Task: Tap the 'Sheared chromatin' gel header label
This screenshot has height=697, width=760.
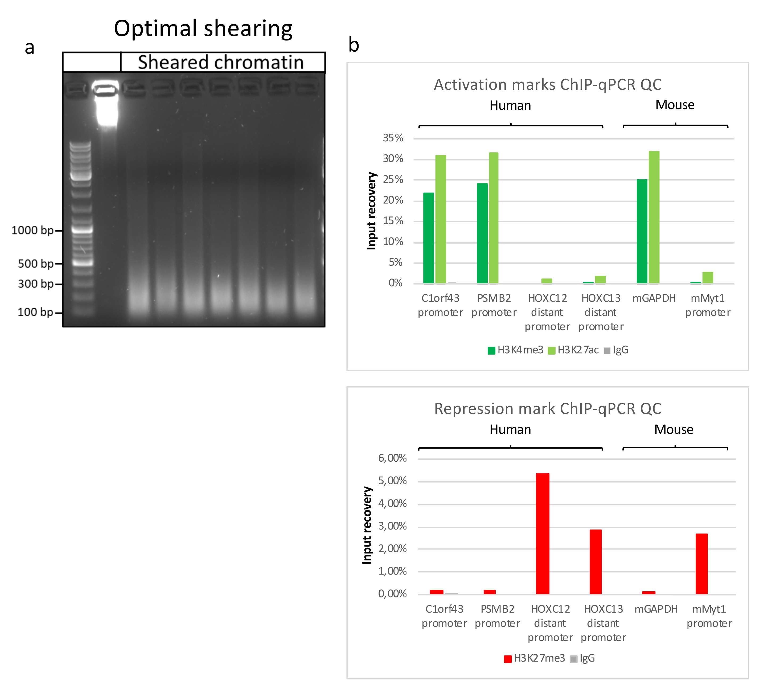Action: [x=221, y=62]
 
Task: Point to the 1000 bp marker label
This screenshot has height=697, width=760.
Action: [x=32, y=230]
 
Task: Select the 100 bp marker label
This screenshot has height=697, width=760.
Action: [x=35, y=312]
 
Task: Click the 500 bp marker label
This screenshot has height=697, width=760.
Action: [x=36, y=264]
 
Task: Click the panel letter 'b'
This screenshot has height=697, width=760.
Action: [x=354, y=45]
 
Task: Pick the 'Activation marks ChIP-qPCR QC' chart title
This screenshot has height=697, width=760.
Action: [x=547, y=84]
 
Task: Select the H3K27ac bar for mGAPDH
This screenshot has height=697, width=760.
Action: [x=654, y=217]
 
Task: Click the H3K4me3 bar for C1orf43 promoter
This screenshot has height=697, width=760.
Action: [x=429, y=237]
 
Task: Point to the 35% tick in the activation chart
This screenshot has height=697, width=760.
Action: [x=393, y=138]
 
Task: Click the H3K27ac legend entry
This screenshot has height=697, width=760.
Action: [x=573, y=350]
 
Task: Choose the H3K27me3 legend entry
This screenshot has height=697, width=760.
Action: [x=535, y=658]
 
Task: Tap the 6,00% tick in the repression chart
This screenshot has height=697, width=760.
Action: [x=392, y=458]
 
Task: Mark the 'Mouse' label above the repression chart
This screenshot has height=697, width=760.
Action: [x=674, y=430]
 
